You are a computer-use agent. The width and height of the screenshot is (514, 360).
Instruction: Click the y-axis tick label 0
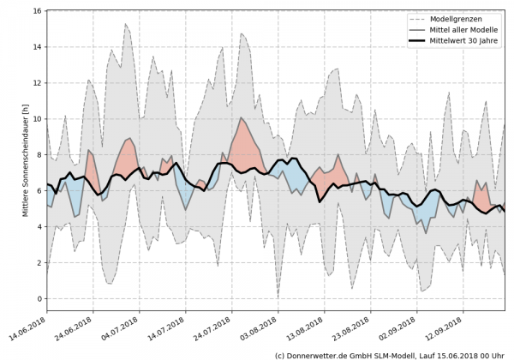(39, 298)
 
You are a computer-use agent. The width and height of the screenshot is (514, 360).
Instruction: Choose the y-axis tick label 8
(39, 155)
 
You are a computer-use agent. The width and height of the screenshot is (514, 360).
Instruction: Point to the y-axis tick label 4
(39, 227)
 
